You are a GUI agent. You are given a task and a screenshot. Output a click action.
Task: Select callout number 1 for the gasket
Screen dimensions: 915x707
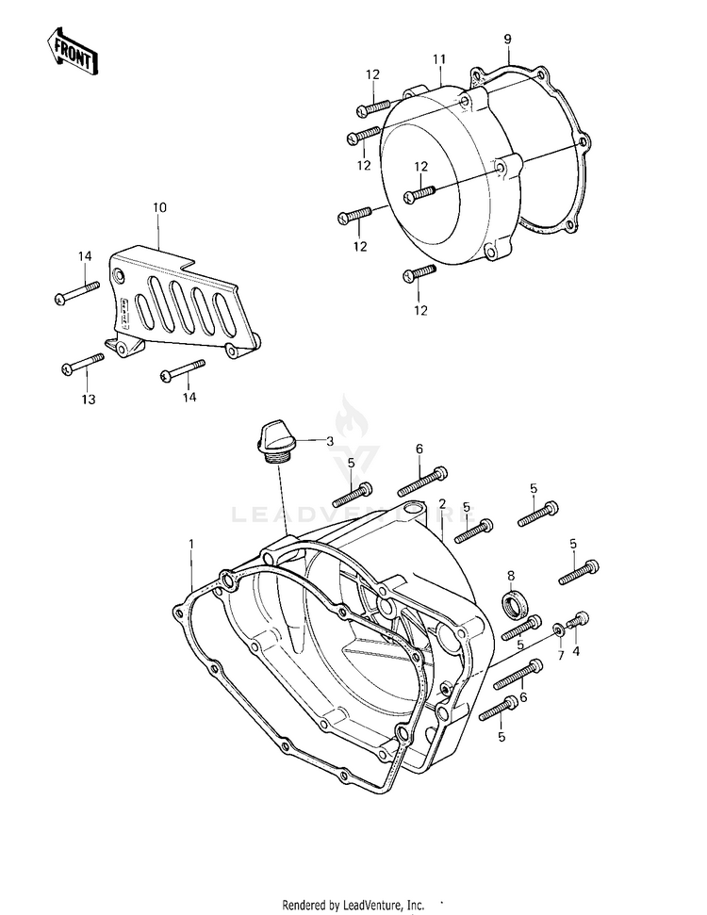[x=191, y=544]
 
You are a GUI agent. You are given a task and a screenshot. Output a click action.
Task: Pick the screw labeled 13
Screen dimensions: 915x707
[x=83, y=363]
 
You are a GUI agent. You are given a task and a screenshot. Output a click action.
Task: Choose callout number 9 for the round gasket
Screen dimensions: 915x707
[x=507, y=39]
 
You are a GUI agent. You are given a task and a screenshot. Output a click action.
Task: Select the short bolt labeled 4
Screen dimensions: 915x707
[x=578, y=621]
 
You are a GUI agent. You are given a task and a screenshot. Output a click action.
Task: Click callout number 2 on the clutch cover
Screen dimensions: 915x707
[x=441, y=504]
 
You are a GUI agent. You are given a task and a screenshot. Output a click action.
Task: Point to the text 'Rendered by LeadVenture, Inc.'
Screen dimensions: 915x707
[x=354, y=905]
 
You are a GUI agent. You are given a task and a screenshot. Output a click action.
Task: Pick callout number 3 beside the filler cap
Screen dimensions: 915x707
[x=329, y=440]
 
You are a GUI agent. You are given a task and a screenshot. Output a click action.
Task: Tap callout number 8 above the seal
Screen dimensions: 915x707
[x=511, y=575]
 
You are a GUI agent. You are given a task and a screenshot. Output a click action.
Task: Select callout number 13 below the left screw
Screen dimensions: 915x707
[x=88, y=400]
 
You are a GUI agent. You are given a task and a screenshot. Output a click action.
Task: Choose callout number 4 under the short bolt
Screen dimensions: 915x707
[x=577, y=649]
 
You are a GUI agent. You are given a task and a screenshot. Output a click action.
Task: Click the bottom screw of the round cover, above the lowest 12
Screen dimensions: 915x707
[x=419, y=273]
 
